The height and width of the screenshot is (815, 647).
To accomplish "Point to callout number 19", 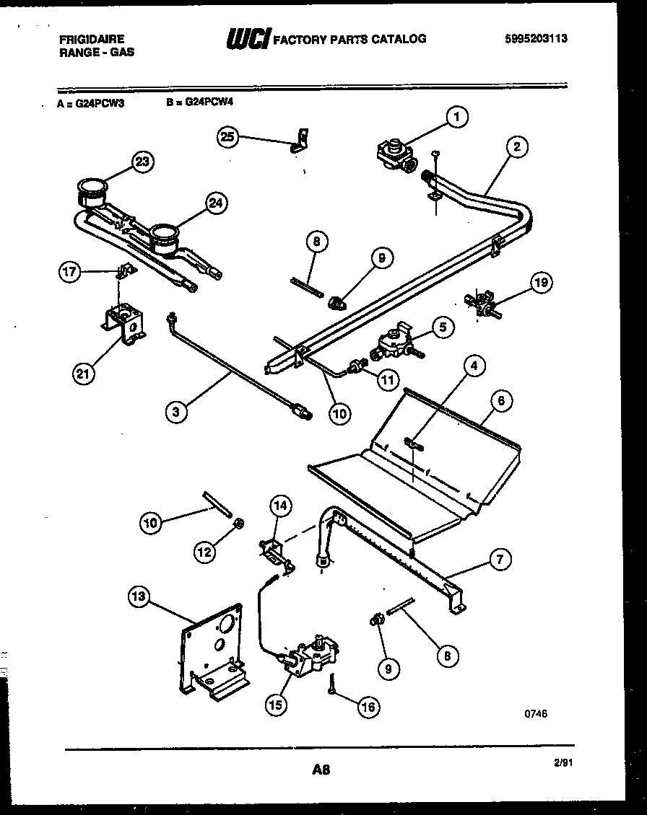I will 540,283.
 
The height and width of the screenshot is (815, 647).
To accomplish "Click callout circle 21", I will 84,373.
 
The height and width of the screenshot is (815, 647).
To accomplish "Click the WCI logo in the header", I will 248,39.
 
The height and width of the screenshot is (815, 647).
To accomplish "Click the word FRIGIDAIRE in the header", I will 91,39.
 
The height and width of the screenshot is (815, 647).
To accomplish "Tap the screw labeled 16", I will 331,685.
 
